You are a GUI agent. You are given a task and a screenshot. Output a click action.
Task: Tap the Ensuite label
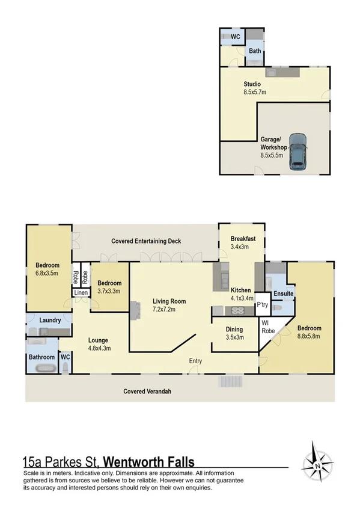coord(283,293)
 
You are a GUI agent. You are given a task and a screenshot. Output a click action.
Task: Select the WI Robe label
coord(267,327)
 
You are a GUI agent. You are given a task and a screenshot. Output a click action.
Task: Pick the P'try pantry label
coord(262,305)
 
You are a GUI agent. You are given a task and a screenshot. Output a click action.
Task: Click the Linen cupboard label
coord(81,293)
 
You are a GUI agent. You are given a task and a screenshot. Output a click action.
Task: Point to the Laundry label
coord(50,320)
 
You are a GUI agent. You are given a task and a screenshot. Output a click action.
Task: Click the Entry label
coord(195,361)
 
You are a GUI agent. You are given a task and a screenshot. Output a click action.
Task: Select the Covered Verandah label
coord(147,392)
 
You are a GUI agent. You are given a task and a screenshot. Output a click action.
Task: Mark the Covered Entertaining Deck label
coord(146,241)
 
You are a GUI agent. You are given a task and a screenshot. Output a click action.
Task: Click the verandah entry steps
coord(231,381)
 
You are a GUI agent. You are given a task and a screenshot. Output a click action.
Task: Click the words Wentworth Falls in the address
coord(149,462)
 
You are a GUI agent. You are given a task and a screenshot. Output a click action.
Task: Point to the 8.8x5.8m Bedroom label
coord(309,332)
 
